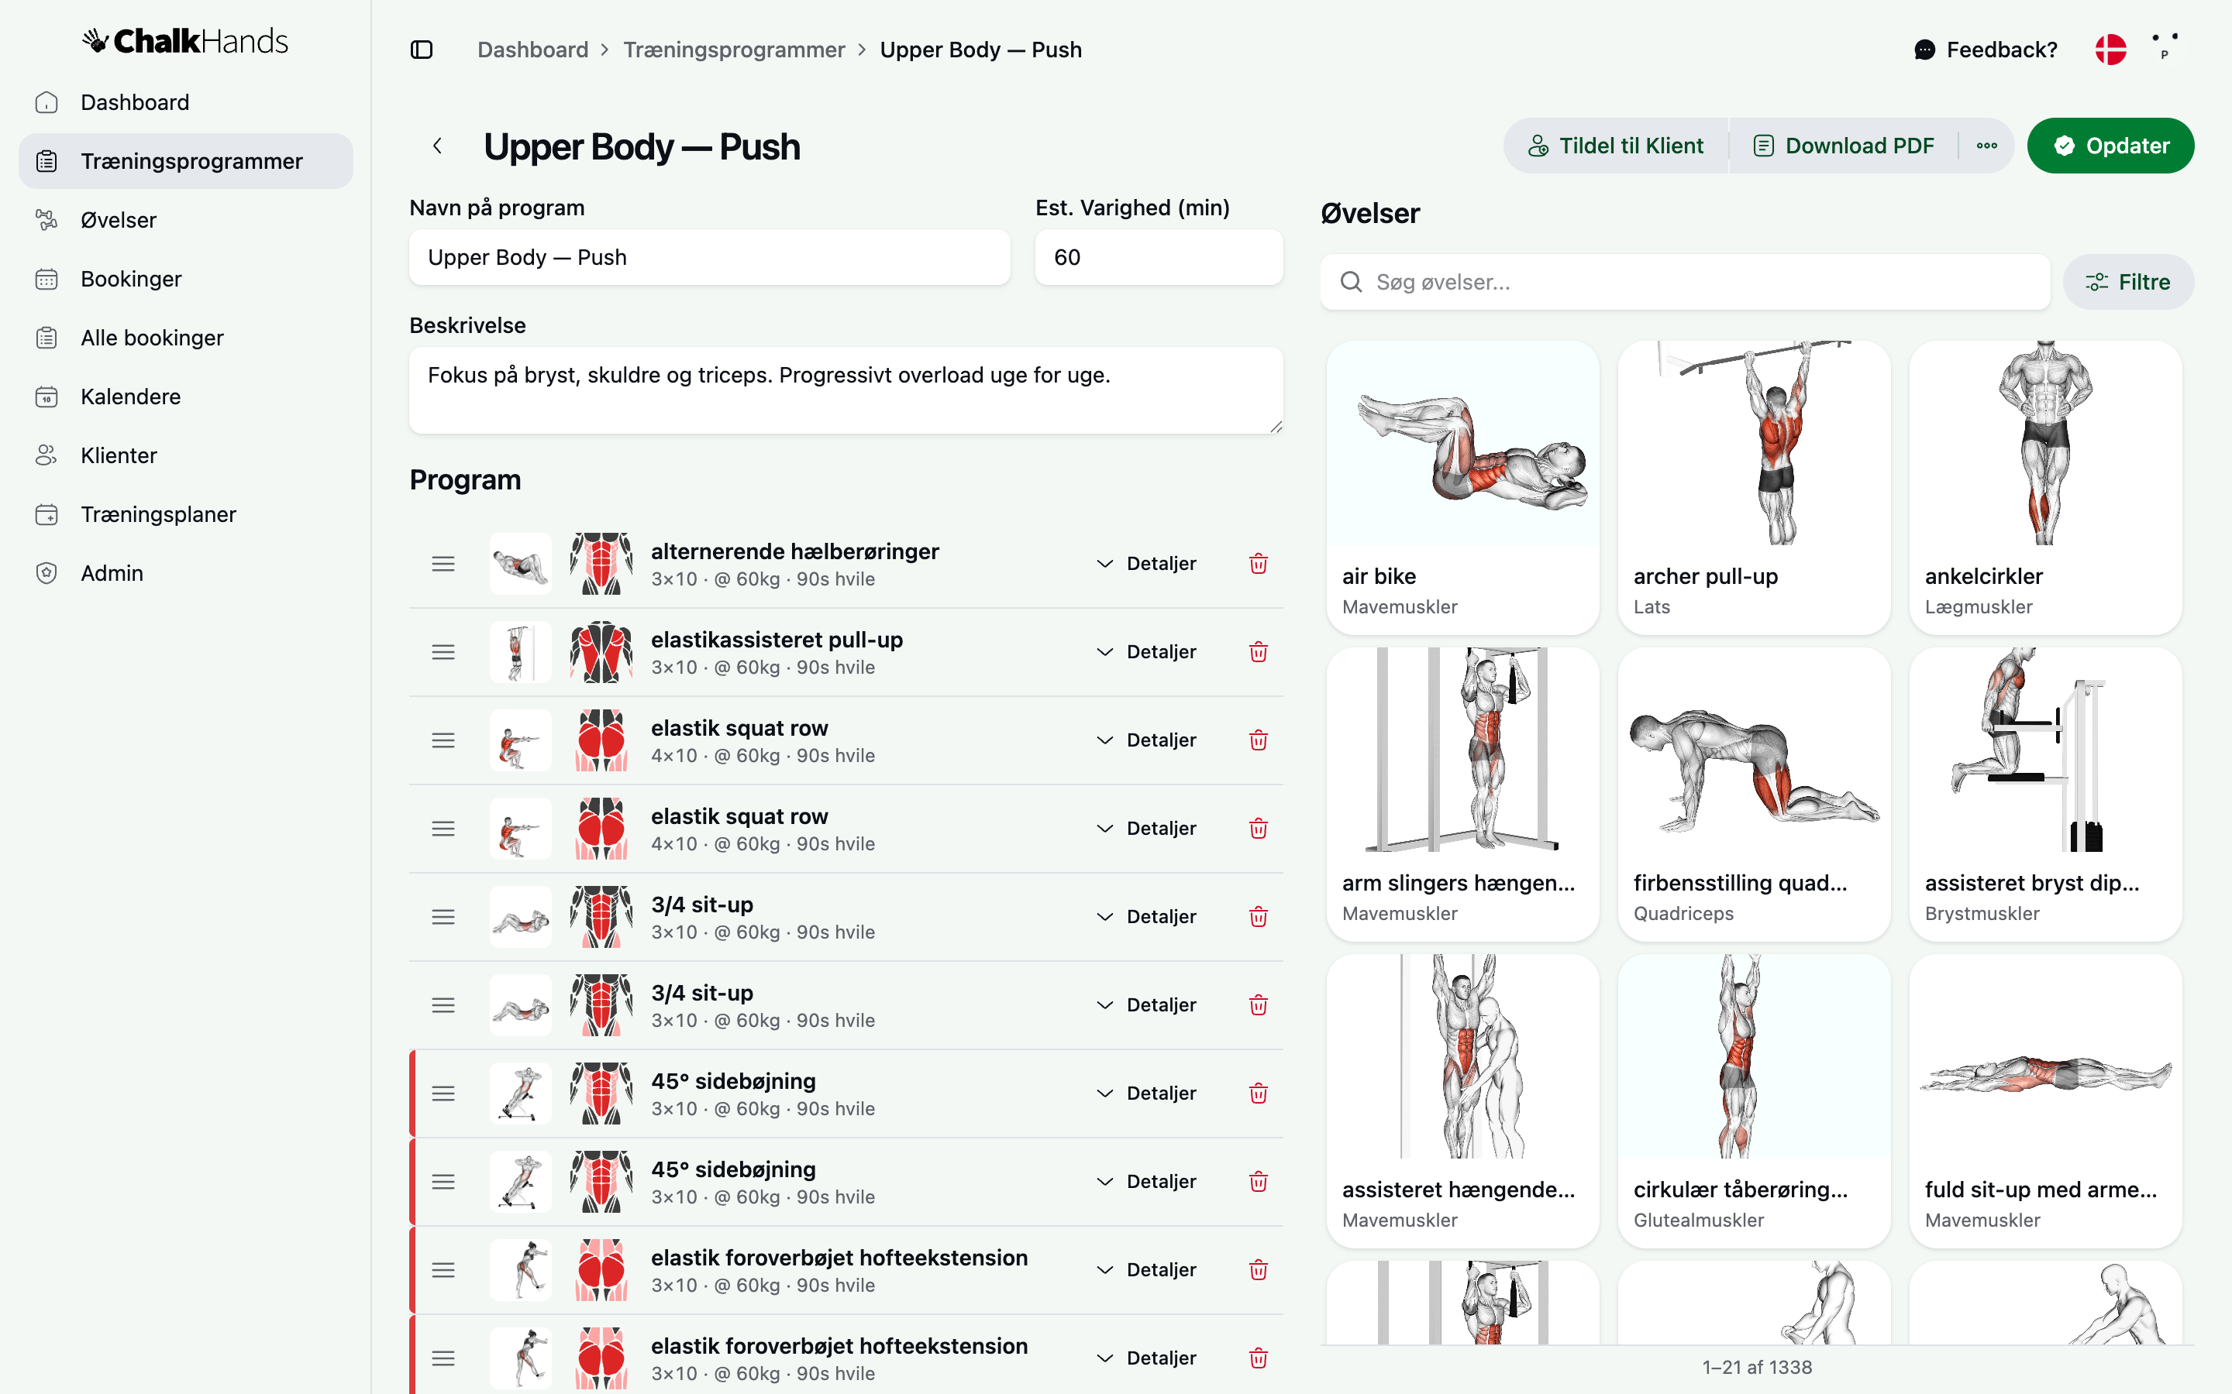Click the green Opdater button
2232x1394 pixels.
click(2110, 146)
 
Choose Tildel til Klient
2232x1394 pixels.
click(1616, 146)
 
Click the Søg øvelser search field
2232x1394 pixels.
click(1685, 282)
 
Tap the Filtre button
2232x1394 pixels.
click(2128, 282)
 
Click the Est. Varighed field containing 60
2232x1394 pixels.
click(1159, 257)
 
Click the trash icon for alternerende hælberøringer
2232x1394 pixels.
click(1258, 563)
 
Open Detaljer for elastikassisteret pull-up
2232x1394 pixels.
click(1145, 652)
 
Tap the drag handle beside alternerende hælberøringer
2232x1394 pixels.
click(443, 563)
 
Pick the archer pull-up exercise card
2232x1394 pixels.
click(1755, 488)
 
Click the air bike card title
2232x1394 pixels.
click(1379, 576)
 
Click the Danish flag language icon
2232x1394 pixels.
click(2110, 50)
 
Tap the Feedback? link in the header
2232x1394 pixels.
click(1986, 50)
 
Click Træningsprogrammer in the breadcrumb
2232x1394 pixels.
click(734, 50)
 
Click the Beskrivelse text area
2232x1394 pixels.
click(846, 390)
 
